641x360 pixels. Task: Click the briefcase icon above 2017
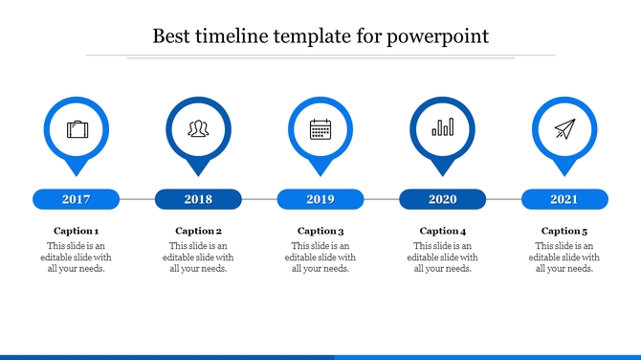[x=76, y=128]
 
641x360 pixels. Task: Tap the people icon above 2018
[x=198, y=128]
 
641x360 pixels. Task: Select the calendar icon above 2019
[x=320, y=128]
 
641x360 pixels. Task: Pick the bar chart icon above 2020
[x=442, y=128]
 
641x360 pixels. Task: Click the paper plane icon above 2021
[x=564, y=128]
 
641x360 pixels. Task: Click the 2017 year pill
[x=76, y=199]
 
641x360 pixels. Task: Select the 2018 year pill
[x=198, y=199]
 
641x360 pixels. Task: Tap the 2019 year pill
[x=320, y=199]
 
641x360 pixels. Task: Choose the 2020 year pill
[x=442, y=199]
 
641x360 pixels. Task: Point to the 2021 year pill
[x=564, y=199]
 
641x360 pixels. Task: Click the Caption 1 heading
[x=76, y=231]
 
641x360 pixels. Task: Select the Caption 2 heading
[x=198, y=231]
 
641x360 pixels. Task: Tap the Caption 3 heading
[x=320, y=231]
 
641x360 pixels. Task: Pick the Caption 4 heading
[x=443, y=231]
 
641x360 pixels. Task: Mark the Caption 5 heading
[x=564, y=231]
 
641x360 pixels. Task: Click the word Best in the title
[x=172, y=37]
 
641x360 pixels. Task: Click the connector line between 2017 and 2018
[x=137, y=199]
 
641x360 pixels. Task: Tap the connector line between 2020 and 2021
[x=503, y=199]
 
